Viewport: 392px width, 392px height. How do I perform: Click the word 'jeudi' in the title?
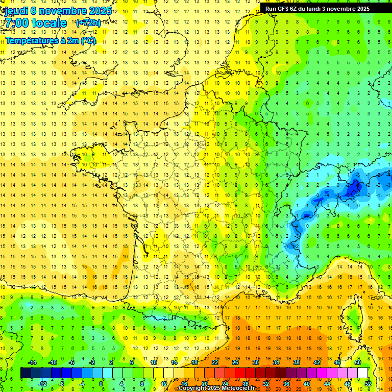point(16,11)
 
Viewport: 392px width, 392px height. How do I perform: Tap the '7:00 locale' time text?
point(35,23)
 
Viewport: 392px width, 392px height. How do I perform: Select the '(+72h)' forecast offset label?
point(88,23)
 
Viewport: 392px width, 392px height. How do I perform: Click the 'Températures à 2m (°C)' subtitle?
point(51,40)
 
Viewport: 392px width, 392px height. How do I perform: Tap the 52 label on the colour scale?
point(368,384)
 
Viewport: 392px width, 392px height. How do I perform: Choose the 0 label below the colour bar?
point(101,384)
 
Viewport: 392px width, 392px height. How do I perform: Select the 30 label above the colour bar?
point(256,362)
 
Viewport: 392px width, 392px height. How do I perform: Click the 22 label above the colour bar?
point(215,362)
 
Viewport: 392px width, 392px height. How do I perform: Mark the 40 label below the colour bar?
point(307,384)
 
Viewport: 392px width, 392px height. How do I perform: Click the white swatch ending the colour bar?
point(363,373)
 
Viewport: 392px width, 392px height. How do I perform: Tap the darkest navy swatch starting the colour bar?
point(26,373)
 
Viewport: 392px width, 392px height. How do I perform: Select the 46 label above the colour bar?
point(337,362)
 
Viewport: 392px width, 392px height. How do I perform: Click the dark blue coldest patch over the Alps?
point(352,189)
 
